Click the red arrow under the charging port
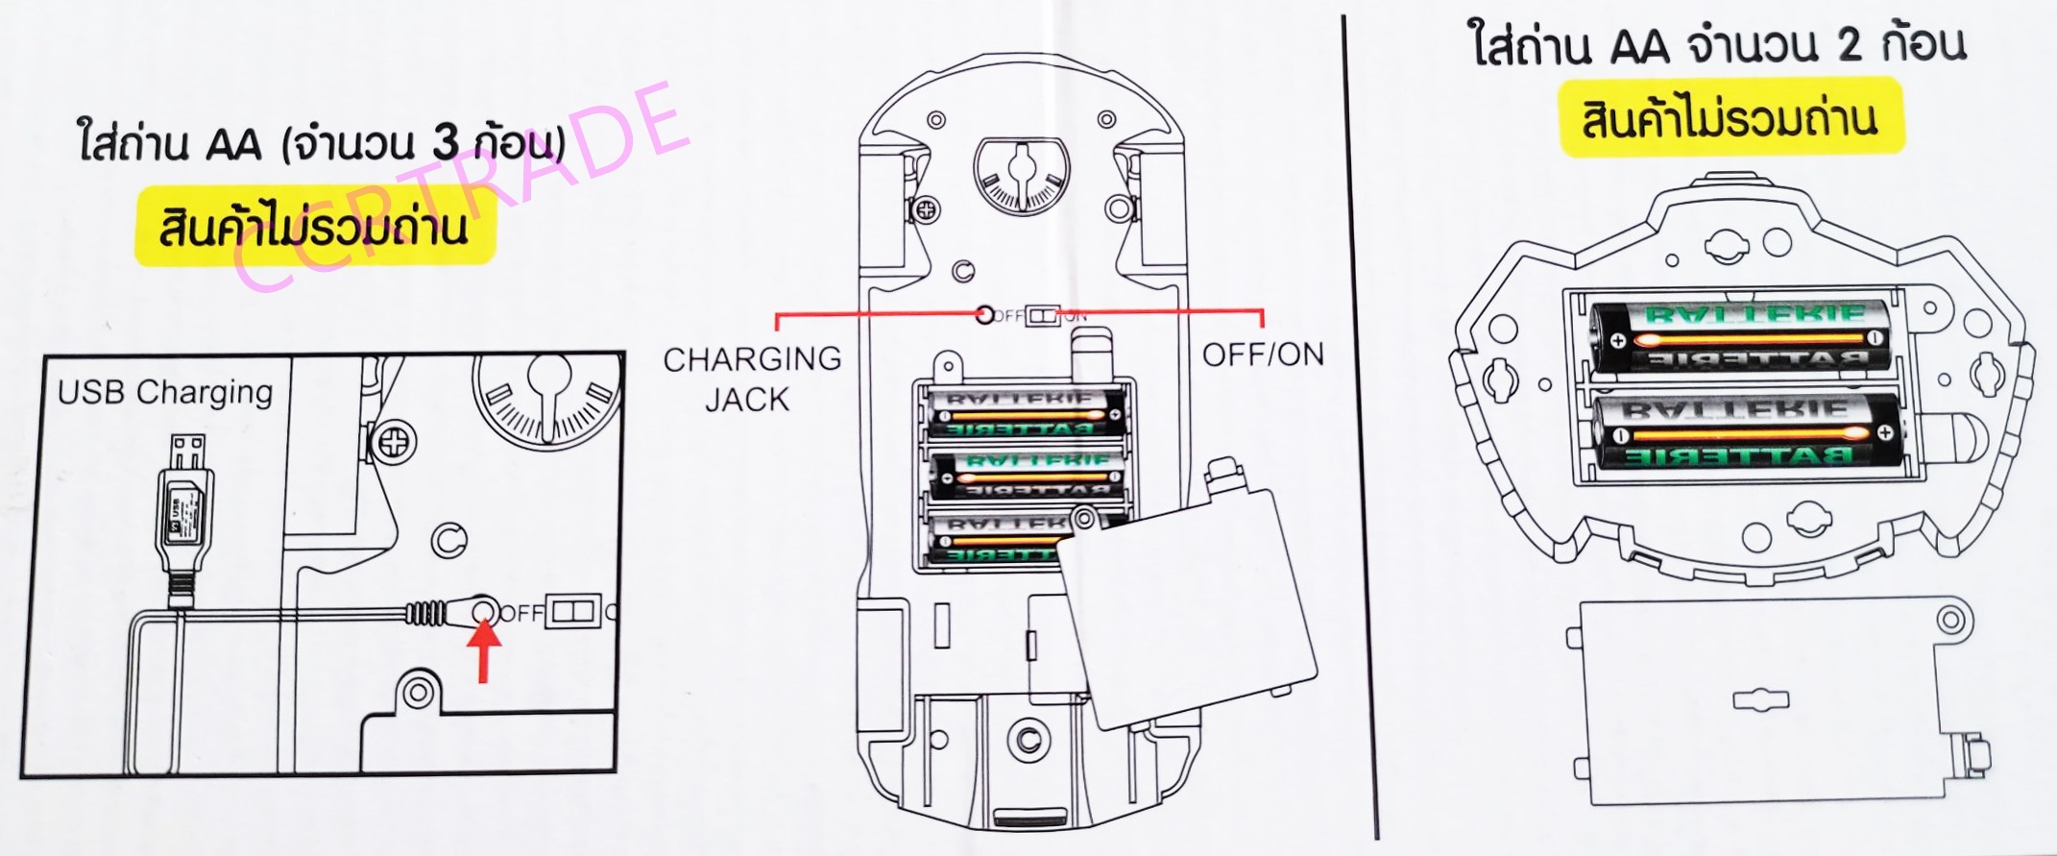[485, 651]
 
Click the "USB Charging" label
[165, 392]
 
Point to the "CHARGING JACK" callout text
[751, 379]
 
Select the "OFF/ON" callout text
[1263, 355]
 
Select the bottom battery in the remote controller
[1748, 432]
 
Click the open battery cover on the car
[1186, 615]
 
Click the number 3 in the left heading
[446, 144]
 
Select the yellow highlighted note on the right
[1730, 120]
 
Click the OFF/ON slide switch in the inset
[572, 612]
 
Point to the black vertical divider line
[1361, 432]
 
